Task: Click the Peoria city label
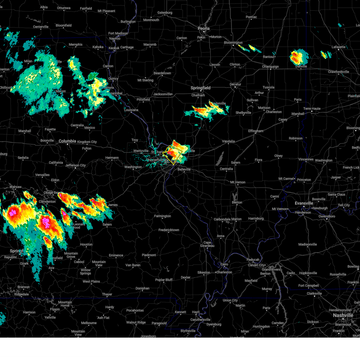203,28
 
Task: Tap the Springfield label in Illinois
200,88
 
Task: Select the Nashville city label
343,315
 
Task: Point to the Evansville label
304,203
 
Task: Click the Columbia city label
67,141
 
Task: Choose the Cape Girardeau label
207,244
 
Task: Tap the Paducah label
253,260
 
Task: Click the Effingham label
256,131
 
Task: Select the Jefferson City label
75,165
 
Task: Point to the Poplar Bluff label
164,280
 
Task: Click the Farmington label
162,216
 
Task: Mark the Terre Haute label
312,109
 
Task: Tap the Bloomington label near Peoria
233,43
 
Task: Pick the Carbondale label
222,219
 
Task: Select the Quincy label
113,79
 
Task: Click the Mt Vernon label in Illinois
238,182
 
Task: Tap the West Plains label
91,281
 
